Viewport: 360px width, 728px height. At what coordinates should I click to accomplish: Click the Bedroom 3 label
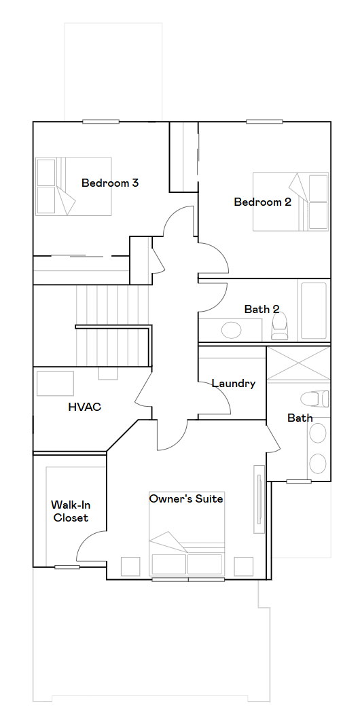tap(110, 183)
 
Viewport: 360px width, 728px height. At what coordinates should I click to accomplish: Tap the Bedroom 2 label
tap(262, 202)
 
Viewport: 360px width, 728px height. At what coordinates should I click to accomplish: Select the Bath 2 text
tap(262, 309)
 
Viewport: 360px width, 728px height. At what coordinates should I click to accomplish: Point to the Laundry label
tap(234, 384)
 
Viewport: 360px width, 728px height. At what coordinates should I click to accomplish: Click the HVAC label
tap(84, 407)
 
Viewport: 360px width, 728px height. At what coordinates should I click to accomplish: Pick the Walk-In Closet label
tap(70, 511)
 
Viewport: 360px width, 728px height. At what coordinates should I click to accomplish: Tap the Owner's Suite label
tap(186, 499)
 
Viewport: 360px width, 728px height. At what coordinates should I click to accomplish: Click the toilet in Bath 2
tap(279, 326)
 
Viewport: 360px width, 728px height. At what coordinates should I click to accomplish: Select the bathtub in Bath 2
tap(314, 310)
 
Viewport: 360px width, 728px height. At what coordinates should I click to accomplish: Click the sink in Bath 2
tap(232, 331)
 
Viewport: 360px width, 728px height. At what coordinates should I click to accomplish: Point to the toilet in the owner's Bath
tap(315, 399)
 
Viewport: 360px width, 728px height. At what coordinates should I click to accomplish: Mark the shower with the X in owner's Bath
tap(298, 363)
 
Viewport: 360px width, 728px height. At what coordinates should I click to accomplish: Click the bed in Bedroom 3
tap(74, 186)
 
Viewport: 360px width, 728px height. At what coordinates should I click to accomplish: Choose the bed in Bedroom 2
tap(291, 202)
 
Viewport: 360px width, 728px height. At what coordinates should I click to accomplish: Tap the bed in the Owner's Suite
tap(187, 534)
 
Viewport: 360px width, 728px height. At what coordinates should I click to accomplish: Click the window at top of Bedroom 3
tap(101, 122)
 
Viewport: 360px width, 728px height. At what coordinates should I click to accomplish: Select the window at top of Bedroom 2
tap(264, 122)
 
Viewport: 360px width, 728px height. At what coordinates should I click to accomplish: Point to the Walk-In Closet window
tap(67, 567)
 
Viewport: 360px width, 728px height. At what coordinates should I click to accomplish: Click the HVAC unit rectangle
tap(55, 383)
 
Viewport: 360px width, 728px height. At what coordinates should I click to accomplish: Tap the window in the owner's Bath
tap(299, 481)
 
